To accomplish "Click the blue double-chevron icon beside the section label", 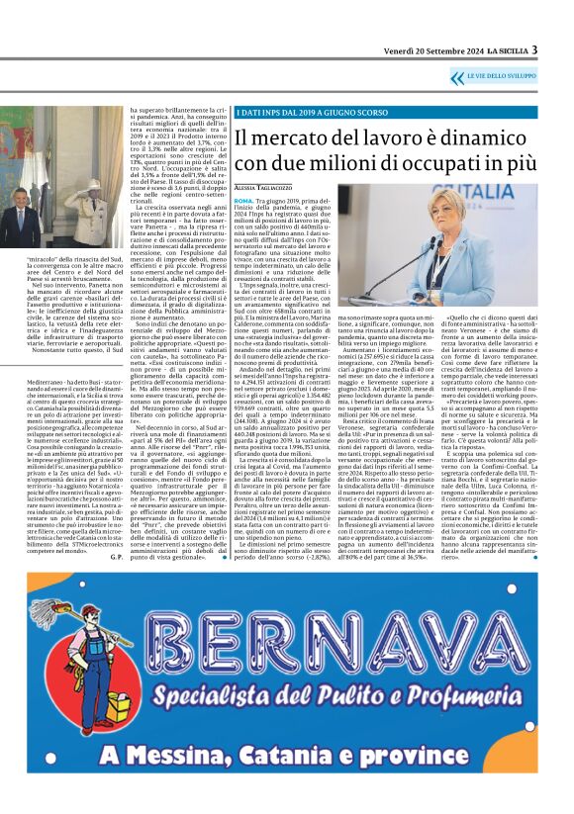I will pyautogui.click(x=456, y=77).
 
